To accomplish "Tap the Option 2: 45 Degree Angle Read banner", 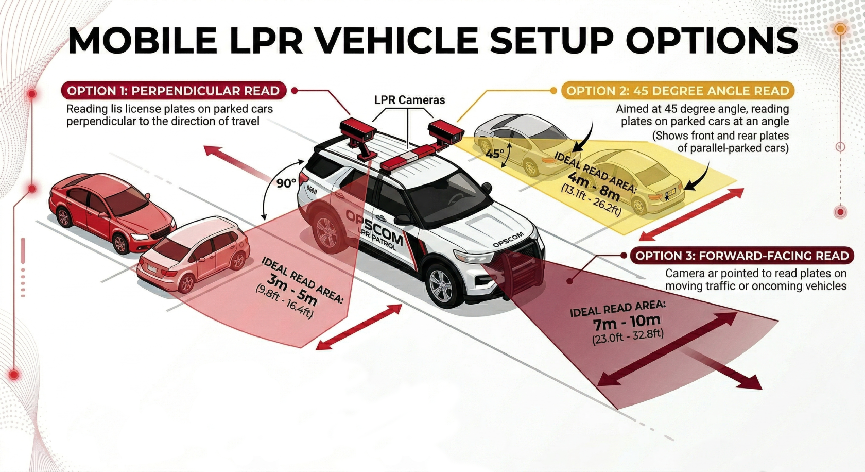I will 678,91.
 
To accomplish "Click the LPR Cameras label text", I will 409,100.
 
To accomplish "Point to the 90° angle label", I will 286,183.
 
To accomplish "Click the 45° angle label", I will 494,154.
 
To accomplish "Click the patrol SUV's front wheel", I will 441,285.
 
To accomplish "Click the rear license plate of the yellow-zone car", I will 670,194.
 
